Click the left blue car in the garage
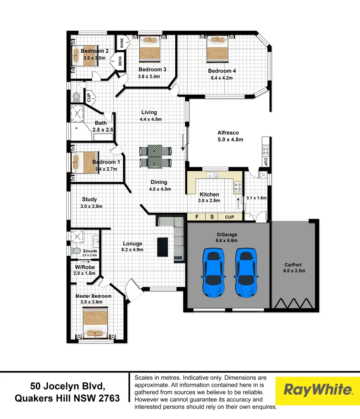click(x=213, y=273)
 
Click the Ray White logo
click(x=318, y=390)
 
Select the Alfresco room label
click(x=228, y=133)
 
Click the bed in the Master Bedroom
click(x=95, y=323)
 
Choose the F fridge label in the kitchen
click(x=197, y=217)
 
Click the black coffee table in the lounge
click(x=163, y=247)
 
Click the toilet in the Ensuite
click(x=76, y=251)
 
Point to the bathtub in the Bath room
click(x=102, y=137)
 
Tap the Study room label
click(x=89, y=199)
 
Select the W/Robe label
click(x=84, y=267)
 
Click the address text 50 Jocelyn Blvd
click(x=67, y=386)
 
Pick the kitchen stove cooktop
click(x=237, y=187)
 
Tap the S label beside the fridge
click(x=212, y=217)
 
